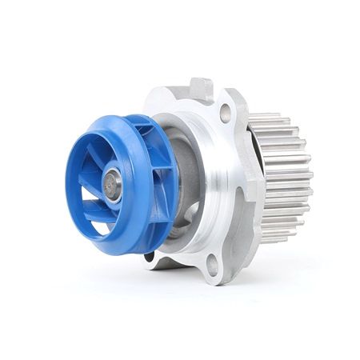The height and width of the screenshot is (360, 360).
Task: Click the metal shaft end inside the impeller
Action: [x=112, y=186]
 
